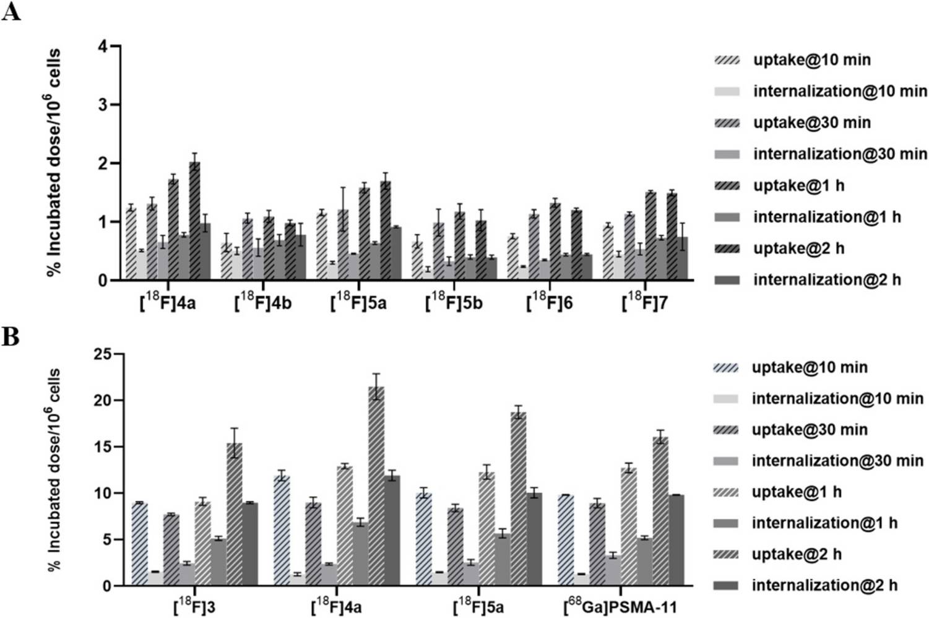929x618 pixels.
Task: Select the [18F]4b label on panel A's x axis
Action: point(263,303)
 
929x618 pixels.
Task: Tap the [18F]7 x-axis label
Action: point(644,303)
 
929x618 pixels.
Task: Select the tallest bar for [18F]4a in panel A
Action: point(194,221)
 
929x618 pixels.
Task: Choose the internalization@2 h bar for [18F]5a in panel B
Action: point(534,539)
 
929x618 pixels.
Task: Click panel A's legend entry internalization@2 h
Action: point(826,280)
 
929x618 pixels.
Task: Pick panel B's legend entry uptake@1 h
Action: point(796,492)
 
